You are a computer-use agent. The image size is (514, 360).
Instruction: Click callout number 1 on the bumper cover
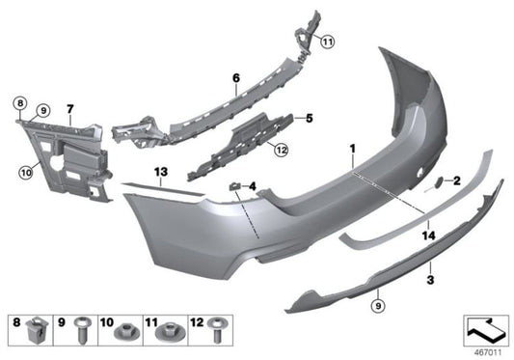pyautogui.click(x=353, y=151)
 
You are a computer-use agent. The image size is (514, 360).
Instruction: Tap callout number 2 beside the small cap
pyautogui.click(x=457, y=180)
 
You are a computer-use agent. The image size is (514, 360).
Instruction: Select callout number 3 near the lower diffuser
pyautogui.click(x=430, y=279)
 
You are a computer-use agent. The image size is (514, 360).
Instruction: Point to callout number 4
pyautogui.click(x=252, y=185)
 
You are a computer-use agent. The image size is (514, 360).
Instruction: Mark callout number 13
pyautogui.click(x=162, y=171)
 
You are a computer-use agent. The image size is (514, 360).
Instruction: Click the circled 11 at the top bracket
pyautogui.click(x=327, y=41)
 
